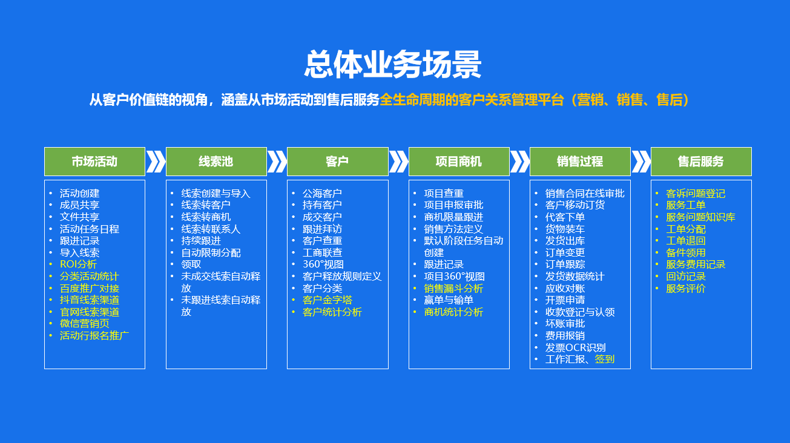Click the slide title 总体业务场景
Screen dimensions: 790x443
[x=393, y=64]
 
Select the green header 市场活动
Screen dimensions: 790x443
[x=94, y=162]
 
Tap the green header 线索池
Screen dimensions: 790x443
[x=216, y=162]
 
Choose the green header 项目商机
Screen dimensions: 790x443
[x=459, y=162]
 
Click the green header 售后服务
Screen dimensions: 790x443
[x=701, y=162]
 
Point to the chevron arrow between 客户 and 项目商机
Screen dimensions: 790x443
[x=398, y=162]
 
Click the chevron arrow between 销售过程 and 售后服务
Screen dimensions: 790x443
[x=641, y=162]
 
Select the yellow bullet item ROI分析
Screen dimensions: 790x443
[x=78, y=264]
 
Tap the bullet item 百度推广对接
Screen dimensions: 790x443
[x=90, y=289]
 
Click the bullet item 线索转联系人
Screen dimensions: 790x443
[x=211, y=229]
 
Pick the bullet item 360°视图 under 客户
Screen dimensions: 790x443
[x=323, y=264]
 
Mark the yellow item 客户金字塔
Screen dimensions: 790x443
[x=328, y=300]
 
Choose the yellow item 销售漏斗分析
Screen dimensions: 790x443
[x=453, y=289]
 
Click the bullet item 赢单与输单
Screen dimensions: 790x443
[x=449, y=300]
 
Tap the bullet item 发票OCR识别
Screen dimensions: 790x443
[x=576, y=348]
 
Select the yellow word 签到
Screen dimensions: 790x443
[x=605, y=359]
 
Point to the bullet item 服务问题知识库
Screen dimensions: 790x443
[x=700, y=217]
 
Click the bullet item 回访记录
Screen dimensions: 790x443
[x=686, y=277]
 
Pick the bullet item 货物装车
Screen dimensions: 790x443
[x=565, y=229]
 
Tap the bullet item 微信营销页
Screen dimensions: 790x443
[x=85, y=323]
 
